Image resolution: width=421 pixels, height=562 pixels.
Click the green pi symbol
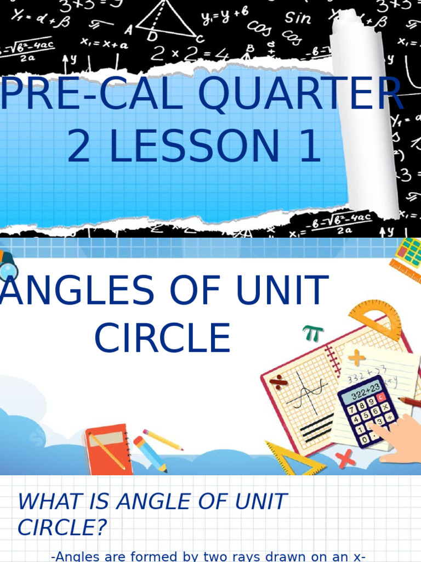pyautogui.click(x=313, y=333)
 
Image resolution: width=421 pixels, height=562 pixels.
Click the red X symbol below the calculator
pyautogui.click(x=345, y=457)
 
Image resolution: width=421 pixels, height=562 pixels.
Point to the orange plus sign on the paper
pyautogui.click(x=356, y=358)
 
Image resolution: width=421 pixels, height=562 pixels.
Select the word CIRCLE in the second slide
pyautogui.click(x=162, y=338)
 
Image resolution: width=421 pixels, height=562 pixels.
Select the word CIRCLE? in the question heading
pyautogui.click(x=62, y=528)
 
